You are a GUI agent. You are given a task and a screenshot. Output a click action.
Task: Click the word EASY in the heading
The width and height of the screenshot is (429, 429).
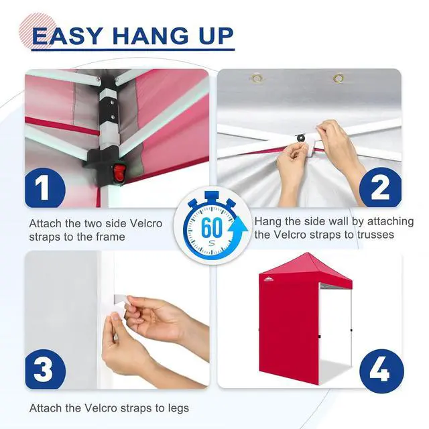pos(67,36)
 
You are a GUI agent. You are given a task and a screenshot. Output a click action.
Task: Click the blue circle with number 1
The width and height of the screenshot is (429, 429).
pos(45,188)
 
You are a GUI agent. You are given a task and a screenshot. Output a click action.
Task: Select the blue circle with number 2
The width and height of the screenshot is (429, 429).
pos(381,187)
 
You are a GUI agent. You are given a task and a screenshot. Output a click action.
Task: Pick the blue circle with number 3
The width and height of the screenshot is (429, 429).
pos(46,369)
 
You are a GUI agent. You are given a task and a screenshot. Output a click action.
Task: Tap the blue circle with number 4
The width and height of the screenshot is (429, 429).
pos(381,371)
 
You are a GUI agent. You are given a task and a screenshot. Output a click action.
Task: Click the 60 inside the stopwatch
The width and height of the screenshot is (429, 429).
pos(211,228)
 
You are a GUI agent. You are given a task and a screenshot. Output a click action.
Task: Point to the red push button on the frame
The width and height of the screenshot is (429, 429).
pos(119,172)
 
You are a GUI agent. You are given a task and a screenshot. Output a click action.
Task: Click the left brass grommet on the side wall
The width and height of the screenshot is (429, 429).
pos(257,78)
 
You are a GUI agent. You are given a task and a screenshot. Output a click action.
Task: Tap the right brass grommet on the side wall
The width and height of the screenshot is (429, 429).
pos(339,78)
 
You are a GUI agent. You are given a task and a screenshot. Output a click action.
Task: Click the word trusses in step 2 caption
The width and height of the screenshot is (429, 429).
pos(375,235)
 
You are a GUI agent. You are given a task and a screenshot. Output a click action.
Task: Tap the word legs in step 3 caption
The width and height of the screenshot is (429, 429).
pos(178,408)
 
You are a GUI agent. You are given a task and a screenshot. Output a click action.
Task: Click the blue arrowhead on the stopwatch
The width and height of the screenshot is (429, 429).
pos(239,226)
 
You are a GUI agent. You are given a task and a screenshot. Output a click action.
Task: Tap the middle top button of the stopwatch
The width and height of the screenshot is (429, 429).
pos(212,196)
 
